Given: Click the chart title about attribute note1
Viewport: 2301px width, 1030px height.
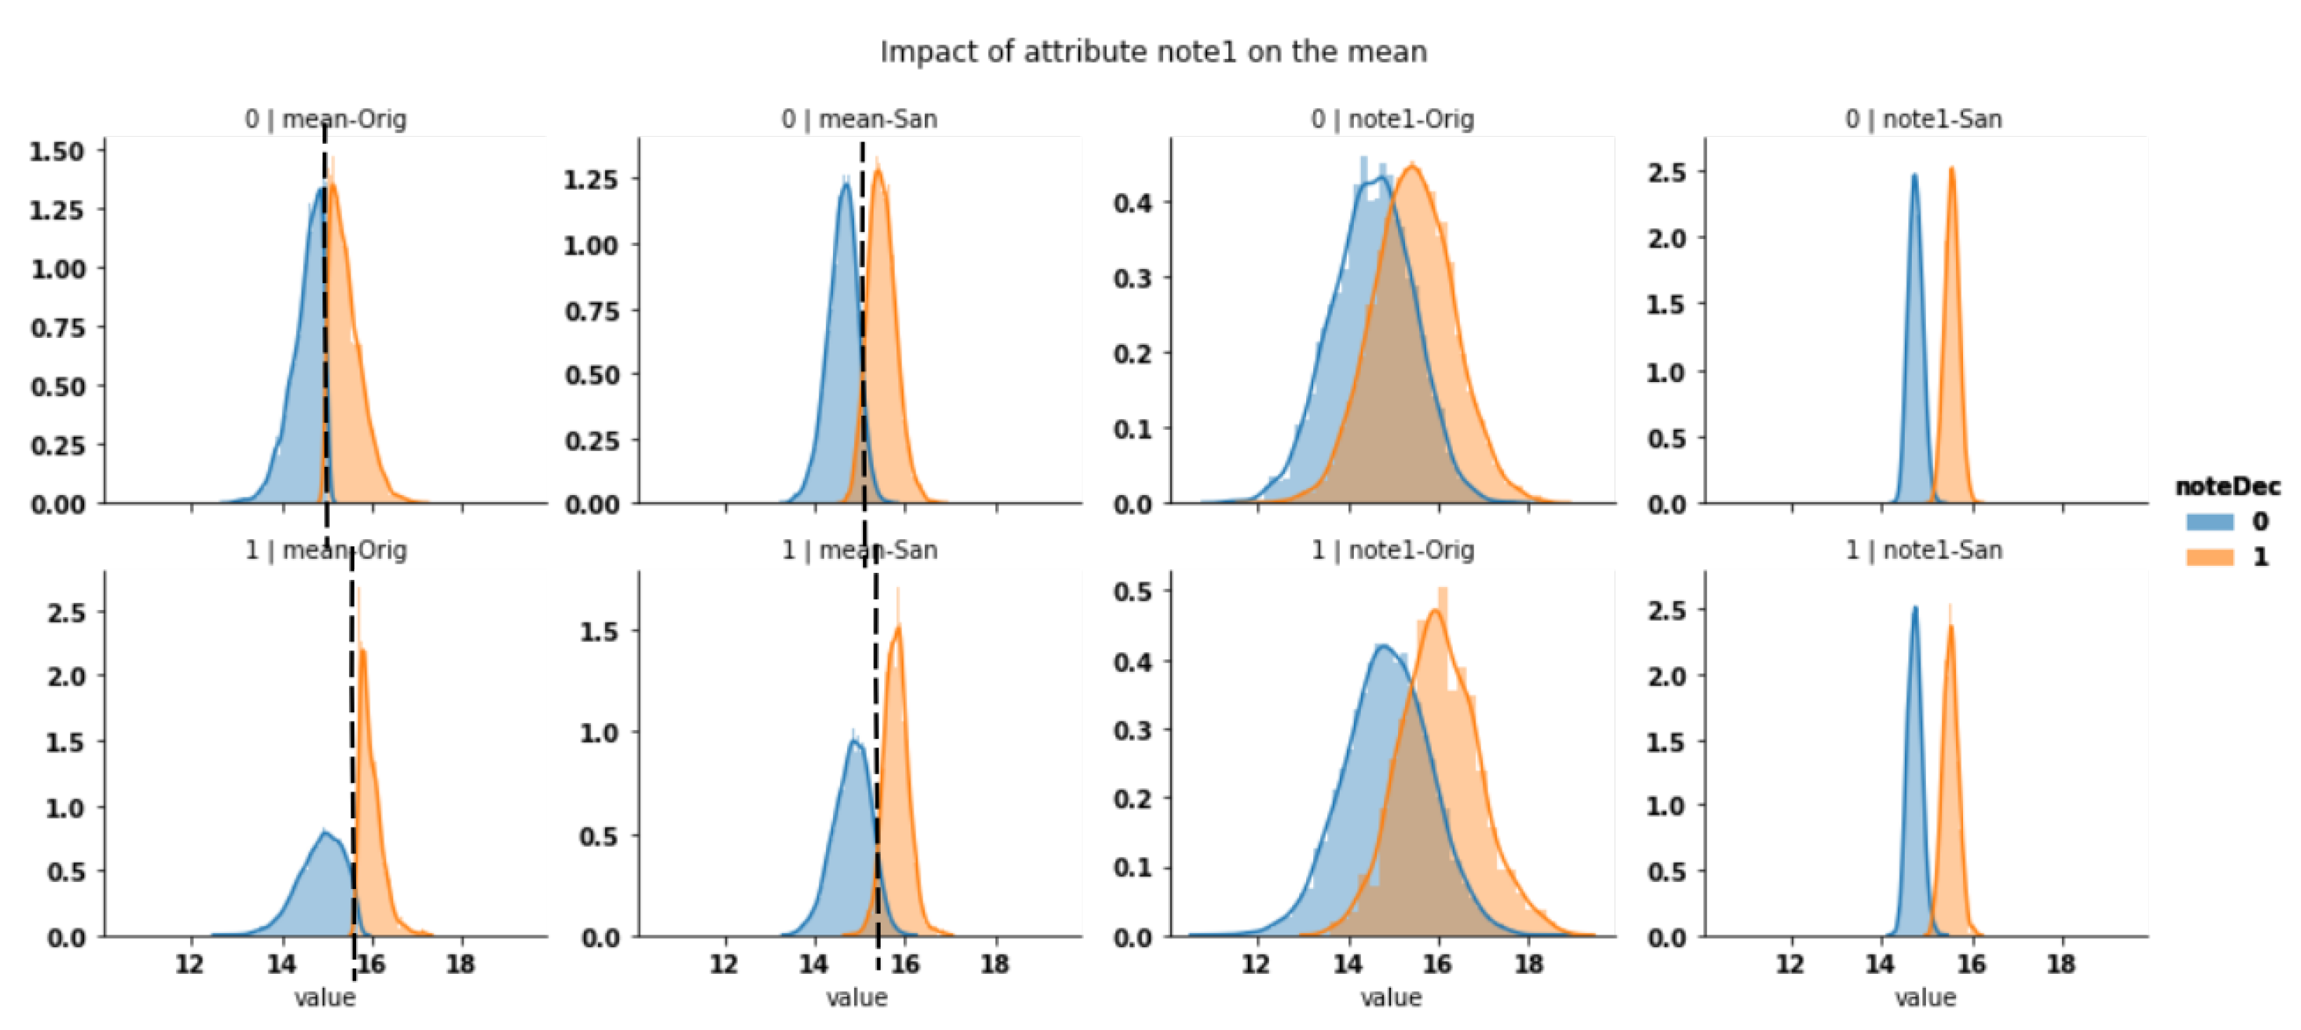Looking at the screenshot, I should [x=1153, y=52].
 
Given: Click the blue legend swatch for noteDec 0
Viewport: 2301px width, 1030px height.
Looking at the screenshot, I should [x=2209, y=522].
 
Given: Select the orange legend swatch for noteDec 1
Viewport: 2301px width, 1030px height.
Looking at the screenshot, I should [x=2209, y=557].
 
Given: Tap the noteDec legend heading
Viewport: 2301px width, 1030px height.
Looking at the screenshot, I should [x=2227, y=487].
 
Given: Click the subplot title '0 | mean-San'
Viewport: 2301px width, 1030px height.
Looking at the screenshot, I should [x=860, y=118].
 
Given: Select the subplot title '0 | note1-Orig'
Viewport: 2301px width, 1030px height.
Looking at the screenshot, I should [x=1392, y=118].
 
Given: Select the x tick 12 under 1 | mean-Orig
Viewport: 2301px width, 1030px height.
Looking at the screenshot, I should [x=189, y=964].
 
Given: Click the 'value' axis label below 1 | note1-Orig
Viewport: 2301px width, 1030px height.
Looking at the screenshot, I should [x=1391, y=998].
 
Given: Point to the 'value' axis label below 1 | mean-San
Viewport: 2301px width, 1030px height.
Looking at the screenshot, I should [x=857, y=998].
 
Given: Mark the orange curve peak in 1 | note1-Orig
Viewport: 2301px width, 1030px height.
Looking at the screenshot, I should [x=1435, y=611].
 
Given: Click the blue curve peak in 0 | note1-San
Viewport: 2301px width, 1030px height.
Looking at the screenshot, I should [x=1914, y=176].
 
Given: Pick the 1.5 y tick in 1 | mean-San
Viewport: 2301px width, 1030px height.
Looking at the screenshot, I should [x=599, y=632].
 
